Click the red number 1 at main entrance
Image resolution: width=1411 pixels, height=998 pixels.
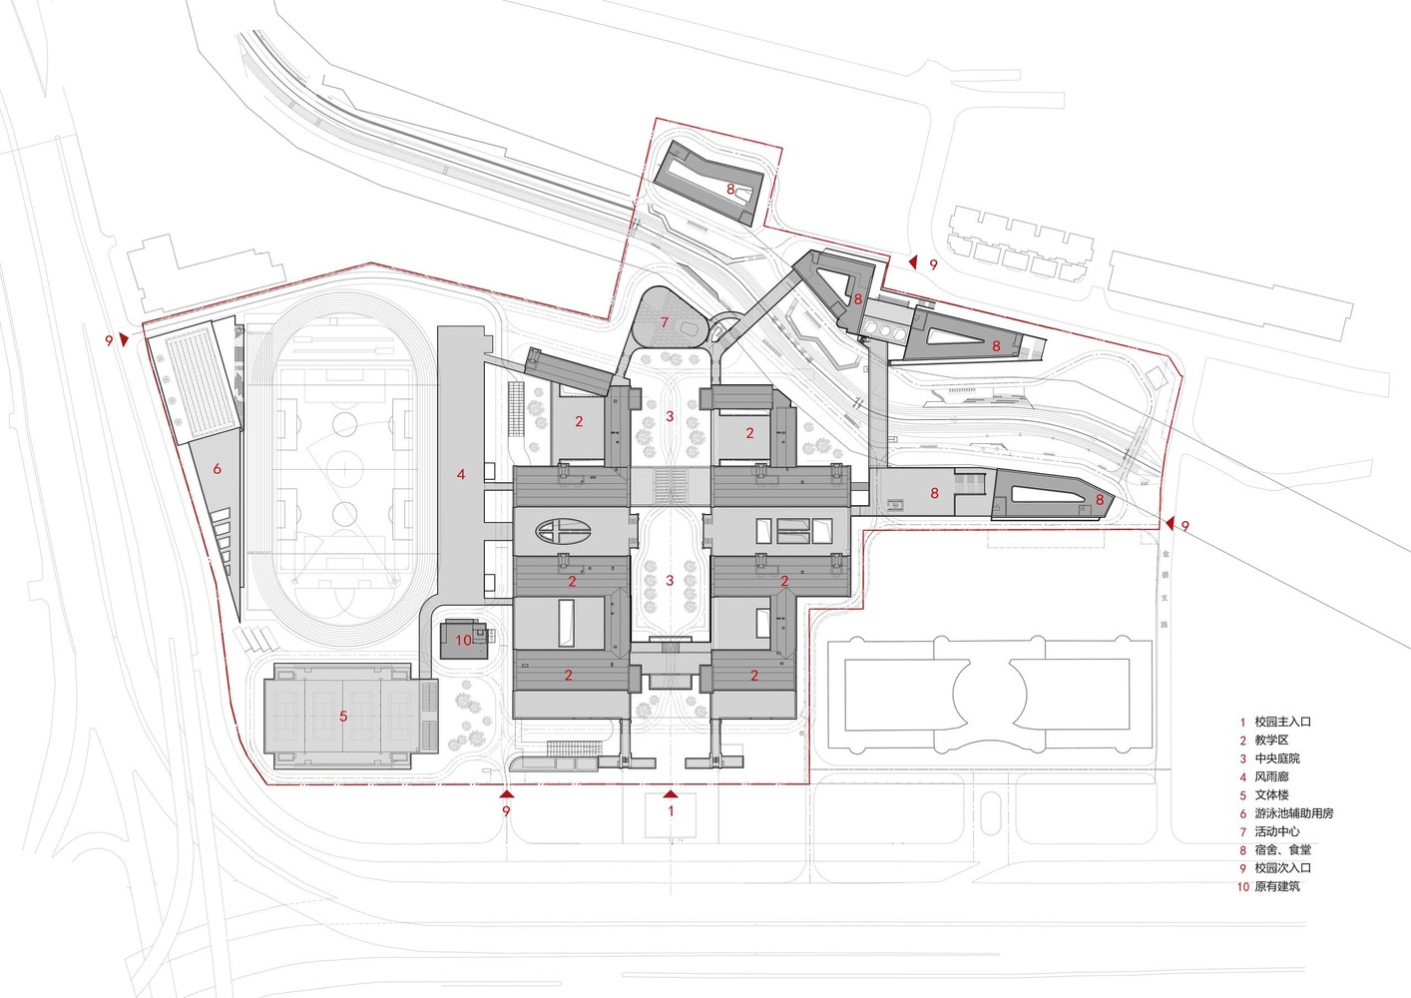pyautogui.click(x=671, y=811)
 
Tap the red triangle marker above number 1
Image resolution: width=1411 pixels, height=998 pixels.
pyautogui.click(x=671, y=794)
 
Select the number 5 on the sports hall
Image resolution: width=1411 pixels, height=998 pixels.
pyautogui.click(x=342, y=716)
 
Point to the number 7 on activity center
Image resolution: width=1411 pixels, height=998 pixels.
pyautogui.click(x=664, y=322)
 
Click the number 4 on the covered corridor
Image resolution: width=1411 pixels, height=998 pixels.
pyautogui.click(x=461, y=475)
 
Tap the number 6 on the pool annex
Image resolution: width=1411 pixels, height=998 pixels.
pyautogui.click(x=217, y=467)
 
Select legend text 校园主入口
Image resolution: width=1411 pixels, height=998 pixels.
pyautogui.click(x=1281, y=722)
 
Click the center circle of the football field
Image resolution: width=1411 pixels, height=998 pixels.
pyautogui.click(x=344, y=468)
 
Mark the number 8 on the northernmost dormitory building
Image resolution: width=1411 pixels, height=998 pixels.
pyautogui.click(x=730, y=188)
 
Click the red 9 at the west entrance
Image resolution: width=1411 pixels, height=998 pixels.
pyautogui.click(x=109, y=340)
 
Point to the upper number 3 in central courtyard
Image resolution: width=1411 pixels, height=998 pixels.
pyautogui.click(x=671, y=416)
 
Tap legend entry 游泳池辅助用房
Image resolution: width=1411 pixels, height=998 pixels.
pyautogui.click(x=1293, y=813)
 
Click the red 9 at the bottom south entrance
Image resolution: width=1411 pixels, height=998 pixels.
pyautogui.click(x=507, y=812)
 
